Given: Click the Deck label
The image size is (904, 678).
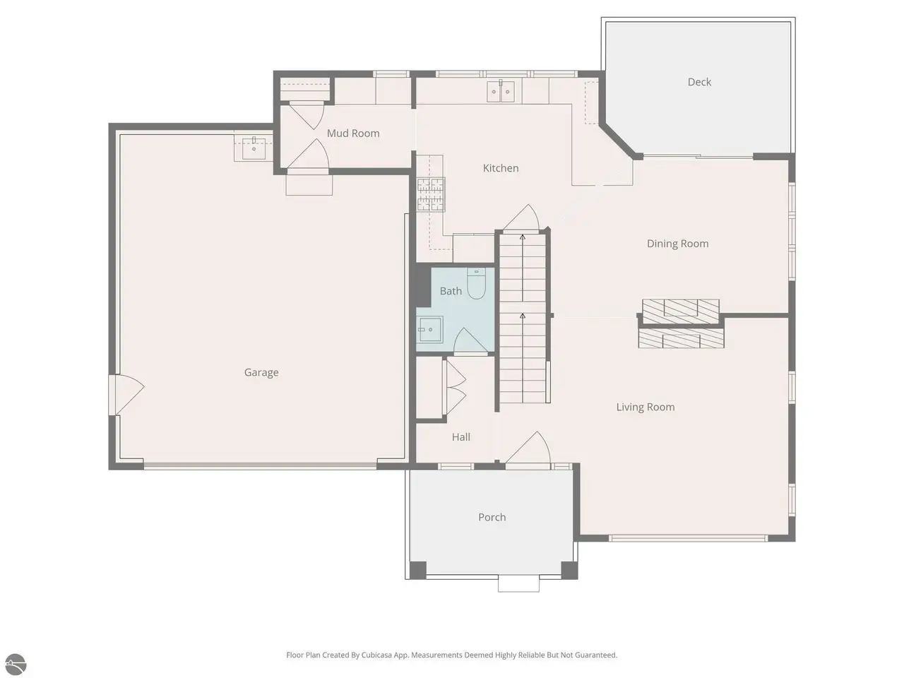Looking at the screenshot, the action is pos(699,82).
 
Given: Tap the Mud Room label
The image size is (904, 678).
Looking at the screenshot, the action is pos(353,133).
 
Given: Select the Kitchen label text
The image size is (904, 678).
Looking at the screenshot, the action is pos(501,168).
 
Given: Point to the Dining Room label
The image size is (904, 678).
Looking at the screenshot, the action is pos(677,244).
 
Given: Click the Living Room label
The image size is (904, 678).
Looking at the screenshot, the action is pos(646,407).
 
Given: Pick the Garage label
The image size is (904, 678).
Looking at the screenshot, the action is pos(261,373).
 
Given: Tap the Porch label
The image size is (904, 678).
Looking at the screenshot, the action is pos(492,517).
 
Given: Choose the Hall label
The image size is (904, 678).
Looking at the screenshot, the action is pos(461,436).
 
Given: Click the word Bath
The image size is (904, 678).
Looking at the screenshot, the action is pos(451,291).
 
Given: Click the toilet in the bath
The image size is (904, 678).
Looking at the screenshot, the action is pos(477,283).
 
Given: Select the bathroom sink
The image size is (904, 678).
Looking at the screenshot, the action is pos(429,329).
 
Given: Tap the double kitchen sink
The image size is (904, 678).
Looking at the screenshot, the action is pos(501,91).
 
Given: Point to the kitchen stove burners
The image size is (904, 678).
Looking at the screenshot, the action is pos(431,195).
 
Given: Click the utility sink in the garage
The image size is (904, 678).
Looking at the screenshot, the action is pos(254,148).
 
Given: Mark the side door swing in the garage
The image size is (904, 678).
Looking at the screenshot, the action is pos(126,394).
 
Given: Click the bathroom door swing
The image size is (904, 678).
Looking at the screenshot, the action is pos(471,340).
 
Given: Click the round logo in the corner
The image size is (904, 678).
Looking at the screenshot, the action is pos(16,665).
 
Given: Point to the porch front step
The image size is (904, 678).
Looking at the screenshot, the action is pos(518,585).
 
